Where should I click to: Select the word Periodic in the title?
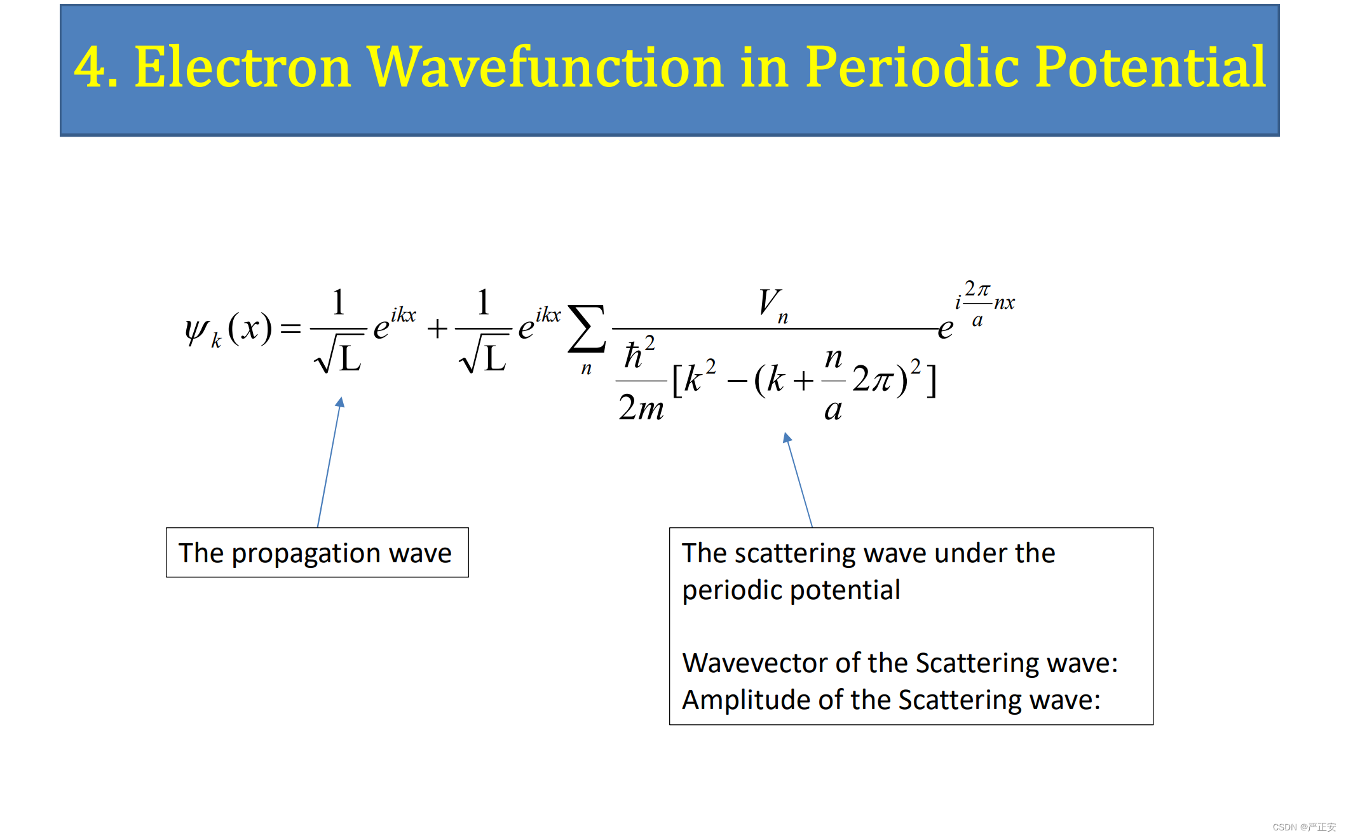click(913, 67)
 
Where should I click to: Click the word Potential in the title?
click(1151, 67)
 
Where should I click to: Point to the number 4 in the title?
click(90, 67)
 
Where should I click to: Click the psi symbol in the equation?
click(196, 330)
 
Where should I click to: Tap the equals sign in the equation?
click(290, 328)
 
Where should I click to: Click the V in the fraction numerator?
click(770, 301)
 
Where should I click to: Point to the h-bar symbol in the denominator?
click(634, 355)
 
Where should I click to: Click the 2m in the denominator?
click(641, 407)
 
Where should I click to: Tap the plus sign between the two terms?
click(437, 328)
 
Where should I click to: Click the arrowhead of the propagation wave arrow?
click(341, 402)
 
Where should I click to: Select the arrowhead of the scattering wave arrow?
click(787, 437)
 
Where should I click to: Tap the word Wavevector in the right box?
click(756, 663)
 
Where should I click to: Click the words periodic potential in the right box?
click(791, 591)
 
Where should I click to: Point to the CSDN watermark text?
click(1304, 827)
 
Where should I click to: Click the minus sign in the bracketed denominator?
click(737, 381)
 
